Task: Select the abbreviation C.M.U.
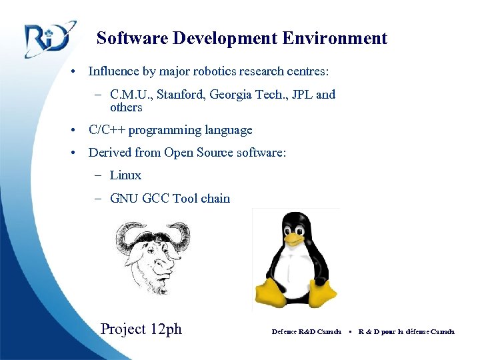tap(131, 95)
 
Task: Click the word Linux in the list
tap(125, 175)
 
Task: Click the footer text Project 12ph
tap(141, 329)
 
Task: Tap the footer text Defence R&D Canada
tap(307, 331)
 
